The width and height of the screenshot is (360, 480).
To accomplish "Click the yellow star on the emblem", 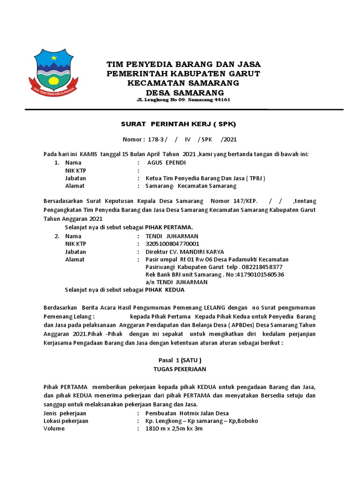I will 53,58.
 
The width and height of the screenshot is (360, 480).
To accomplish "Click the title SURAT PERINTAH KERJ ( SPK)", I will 179,124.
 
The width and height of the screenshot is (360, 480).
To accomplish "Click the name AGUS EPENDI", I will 166,163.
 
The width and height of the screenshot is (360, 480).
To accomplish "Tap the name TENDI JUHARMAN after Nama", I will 172,236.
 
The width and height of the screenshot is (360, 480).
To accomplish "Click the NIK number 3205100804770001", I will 172,244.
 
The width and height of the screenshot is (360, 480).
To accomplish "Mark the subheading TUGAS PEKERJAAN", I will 180,369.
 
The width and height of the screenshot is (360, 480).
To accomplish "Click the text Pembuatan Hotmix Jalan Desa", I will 187,413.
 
